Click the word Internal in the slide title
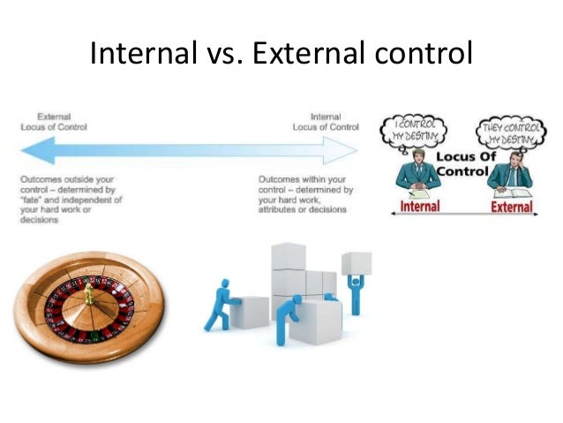(x=140, y=55)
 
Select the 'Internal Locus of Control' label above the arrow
(x=326, y=121)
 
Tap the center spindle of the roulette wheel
(x=88, y=296)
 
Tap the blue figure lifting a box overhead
(x=355, y=283)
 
